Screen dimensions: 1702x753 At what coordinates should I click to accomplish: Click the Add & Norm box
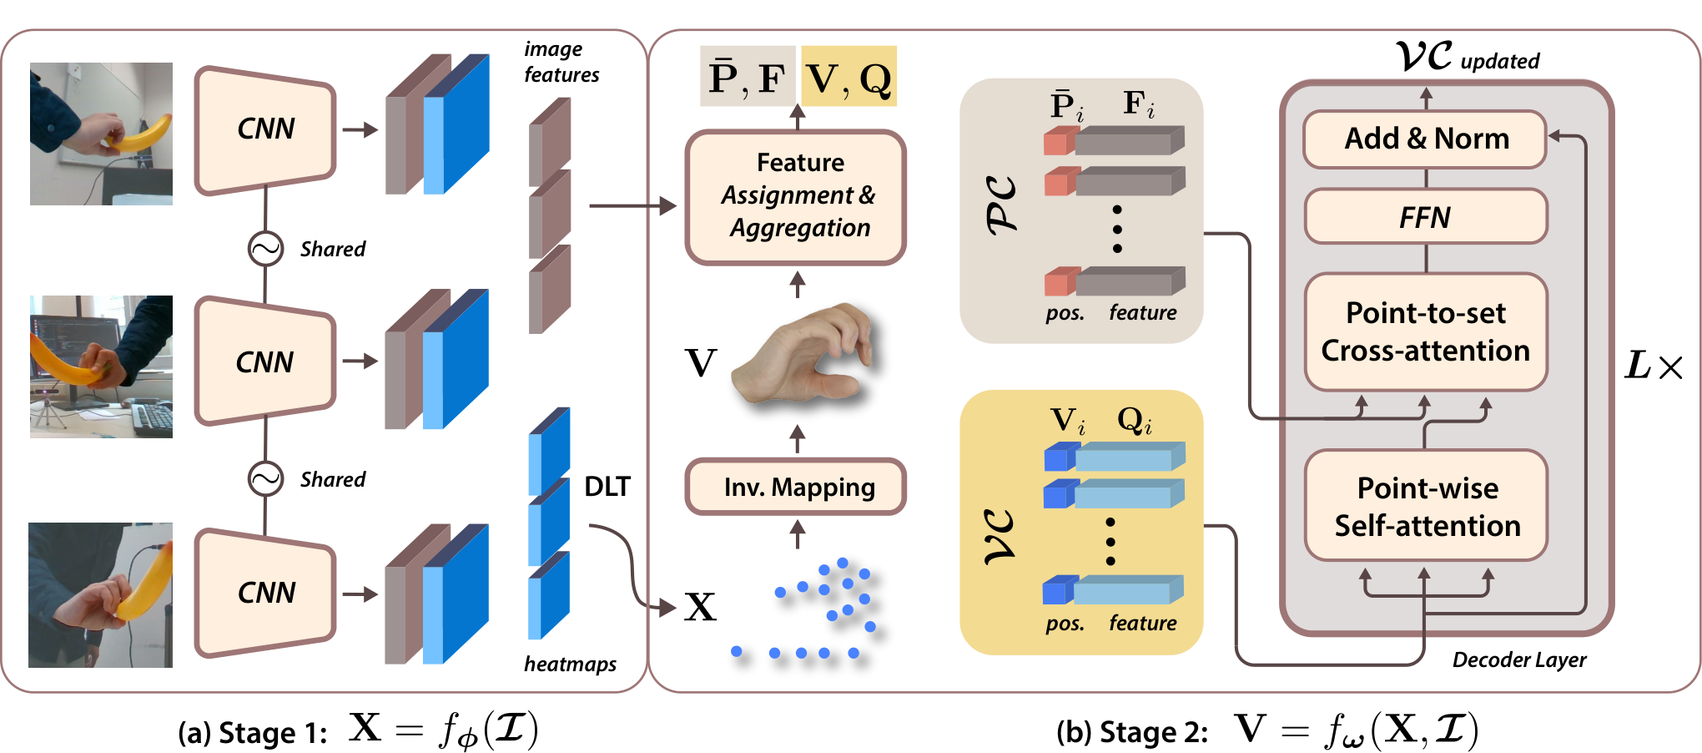pos(1425,139)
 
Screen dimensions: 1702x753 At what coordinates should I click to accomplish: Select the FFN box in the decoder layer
pos(1426,217)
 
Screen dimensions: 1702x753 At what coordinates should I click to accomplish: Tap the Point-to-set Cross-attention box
pos(1426,331)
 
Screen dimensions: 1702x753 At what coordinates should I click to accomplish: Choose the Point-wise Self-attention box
pos(1427,506)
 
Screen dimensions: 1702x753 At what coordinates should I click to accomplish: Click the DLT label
pos(607,486)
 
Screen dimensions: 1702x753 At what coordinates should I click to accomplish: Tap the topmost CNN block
pos(265,129)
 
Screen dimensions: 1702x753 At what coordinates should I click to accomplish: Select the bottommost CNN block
pos(265,593)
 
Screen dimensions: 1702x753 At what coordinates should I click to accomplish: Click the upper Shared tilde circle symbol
pos(265,248)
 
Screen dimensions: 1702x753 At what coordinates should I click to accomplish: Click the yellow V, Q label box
pos(848,76)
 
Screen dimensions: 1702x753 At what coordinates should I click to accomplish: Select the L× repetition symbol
pos(1654,366)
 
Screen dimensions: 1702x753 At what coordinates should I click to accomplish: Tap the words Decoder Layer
pos(1519,660)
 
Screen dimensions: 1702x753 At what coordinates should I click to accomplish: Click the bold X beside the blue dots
pos(701,607)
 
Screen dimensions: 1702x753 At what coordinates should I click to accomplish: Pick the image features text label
pos(561,62)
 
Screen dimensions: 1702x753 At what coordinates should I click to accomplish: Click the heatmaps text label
pos(571,664)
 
